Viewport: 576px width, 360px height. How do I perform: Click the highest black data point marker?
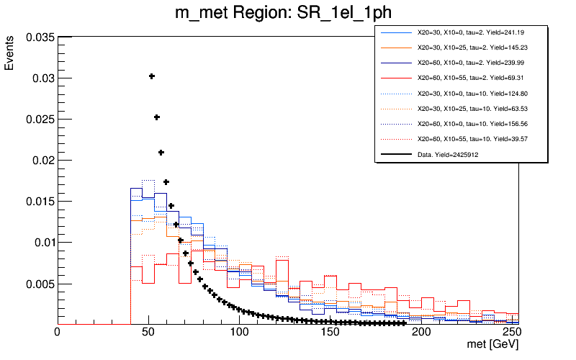tap(152, 76)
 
